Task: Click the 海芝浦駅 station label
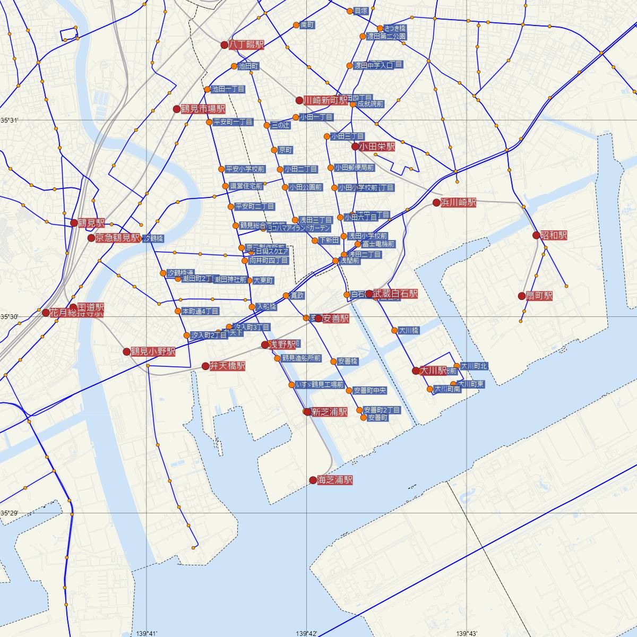pyautogui.click(x=335, y=480)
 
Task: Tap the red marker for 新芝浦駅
pyautogui.click(x=307, y=411)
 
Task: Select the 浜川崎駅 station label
pyautogui.click(x=458, y=202)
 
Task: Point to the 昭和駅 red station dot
pyautogui.click(x=537, y=235)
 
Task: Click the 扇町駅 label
pyautogui.click(x=539, y=296)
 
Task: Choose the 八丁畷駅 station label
pyautogui.click(x=246, y=45)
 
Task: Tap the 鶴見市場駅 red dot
pyautogui.click(x=177, y=109)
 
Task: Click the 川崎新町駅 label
pyautogui.click(x=325, y=100)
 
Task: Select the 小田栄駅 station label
pyautogui.click(x=377, y=147)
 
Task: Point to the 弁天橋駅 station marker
pyautogui.click(x=205, y=366)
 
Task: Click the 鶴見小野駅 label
pyautogui.click(x=153, y=351)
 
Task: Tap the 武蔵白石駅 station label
pyautogui.click(x=395, y=294)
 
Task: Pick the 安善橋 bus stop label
pyautogui.click(x=348, y=361)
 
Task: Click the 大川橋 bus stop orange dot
pyautogui.click(x=394, y=330)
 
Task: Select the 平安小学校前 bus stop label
pyautogui.click(x=245, y=169)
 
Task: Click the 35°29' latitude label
pyautogui.click(x=9, y=513)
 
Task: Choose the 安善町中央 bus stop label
pyautogui.click(x=370, y=391)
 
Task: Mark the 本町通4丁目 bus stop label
pyautogui.click(x=200, y=311)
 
